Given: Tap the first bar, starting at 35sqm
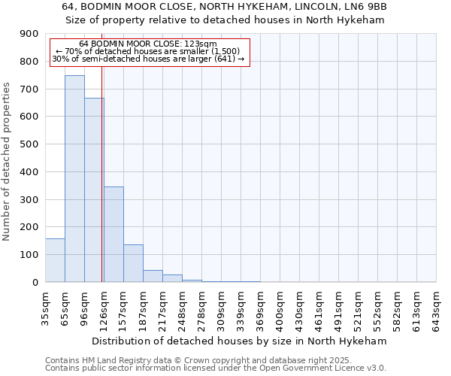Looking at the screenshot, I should coord(55,260).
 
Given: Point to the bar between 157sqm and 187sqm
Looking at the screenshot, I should coord(133,263).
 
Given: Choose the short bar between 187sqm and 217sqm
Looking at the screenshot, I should coord(153,276).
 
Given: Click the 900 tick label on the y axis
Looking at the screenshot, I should coord(29,34).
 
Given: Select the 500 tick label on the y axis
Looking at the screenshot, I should coord(29,144).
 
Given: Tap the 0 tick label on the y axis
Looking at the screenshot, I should coord(35,283).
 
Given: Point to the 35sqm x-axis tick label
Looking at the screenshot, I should coord(46,307).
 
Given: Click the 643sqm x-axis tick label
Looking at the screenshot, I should coord(437,307).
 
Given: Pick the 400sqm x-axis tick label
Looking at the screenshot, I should coord(280,307).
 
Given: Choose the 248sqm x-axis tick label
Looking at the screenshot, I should coord(183,307).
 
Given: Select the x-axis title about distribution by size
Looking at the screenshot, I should coord(240,341).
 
